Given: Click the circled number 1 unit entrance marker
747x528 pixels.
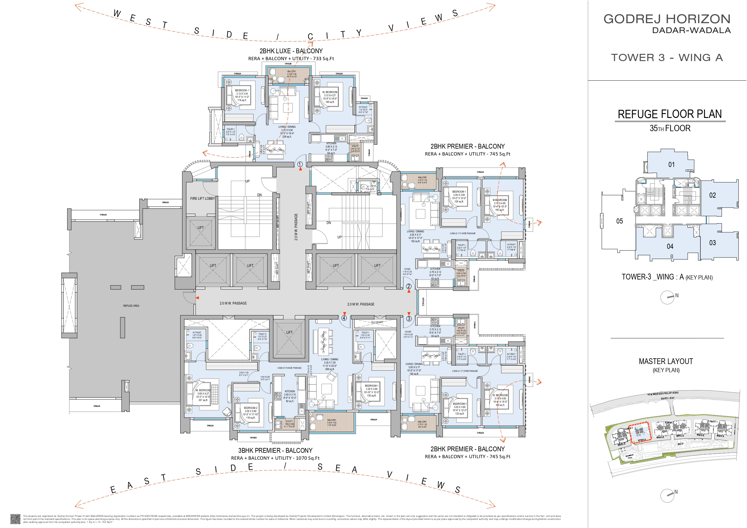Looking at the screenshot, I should pyautogui.click(x=300, y=164).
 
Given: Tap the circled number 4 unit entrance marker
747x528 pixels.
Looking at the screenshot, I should pyautogui.click(x=344, y=318).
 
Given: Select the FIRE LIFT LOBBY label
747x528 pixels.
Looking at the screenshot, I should pyautogui.click(x=202, y=199).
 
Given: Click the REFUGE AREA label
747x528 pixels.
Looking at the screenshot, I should pyautogui.click(x=131, y=306).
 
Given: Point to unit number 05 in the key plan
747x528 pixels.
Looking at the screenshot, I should pyautogui.click(x=619, y=221).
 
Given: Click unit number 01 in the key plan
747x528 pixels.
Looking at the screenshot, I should pyautogui.click(x=671, y=165).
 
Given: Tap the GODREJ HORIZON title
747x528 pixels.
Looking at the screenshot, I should pyautogui.click(x=667, y=19).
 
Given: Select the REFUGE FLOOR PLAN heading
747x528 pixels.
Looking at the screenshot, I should pyautogui.click(x=670, y=114).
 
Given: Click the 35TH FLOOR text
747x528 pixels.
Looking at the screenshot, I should pyautogui.click(x=670, y=128).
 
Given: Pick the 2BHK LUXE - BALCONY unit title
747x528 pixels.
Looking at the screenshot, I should pyautogui.click(x=291, y=51).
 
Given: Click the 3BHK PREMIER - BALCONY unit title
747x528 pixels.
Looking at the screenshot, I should pyautogui.click(x=275, y=451).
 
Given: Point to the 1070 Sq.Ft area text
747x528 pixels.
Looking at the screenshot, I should pyautogui.click(x=308, y=458).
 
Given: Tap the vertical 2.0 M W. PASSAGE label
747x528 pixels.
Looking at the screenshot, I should pyautogui.click(x=296, y=227).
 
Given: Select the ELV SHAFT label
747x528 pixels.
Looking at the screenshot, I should pyautogui.click(x=377, y=322).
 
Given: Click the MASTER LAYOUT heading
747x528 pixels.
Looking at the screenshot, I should pyautogui.click(x=666, y=361).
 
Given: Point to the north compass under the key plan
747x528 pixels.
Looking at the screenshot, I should pyautogui.click(x=667, y=297).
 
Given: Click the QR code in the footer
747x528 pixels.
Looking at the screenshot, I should pyautogui.click(x=15, y=519).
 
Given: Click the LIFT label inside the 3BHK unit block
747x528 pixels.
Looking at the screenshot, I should pyautogui.click(x=290, y=332).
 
